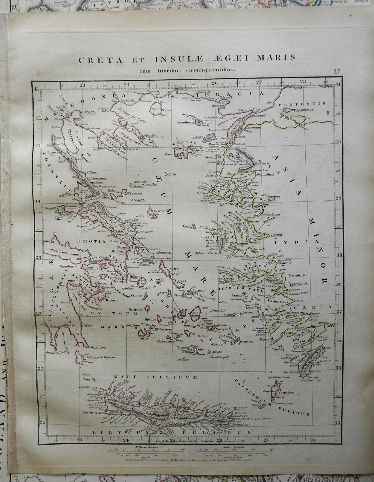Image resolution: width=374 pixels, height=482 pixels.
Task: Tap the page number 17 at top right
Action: [x=336, y=71]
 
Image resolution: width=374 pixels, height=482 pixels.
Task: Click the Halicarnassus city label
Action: [x=294, y=314]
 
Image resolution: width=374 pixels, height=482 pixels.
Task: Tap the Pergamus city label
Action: [x=272, y=196]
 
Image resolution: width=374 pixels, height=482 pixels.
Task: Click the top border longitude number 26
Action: [x=215, y=83]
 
